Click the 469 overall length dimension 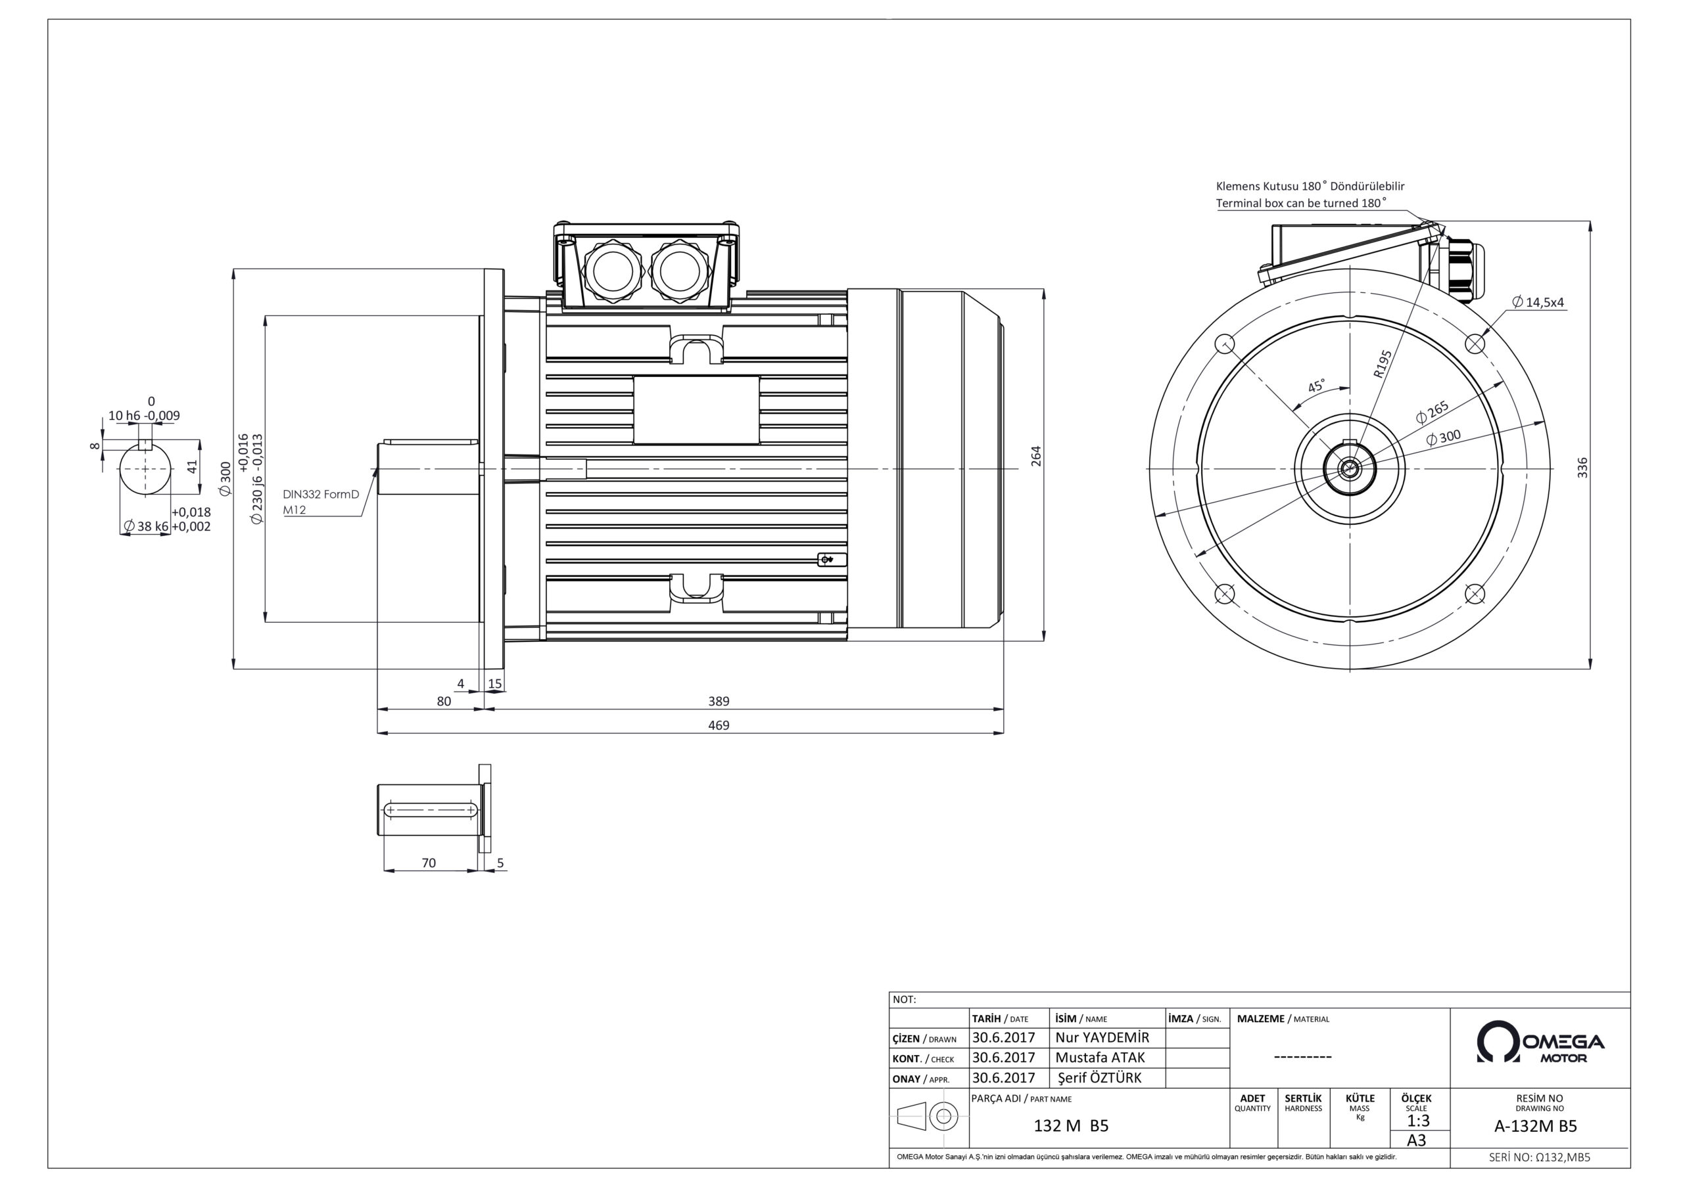coord(719,725)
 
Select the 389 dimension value coord(719,701)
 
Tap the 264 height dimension coord(1035,456)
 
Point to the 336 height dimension coord(1582,468)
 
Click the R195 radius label coord(1383,364)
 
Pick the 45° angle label coord(1317,386)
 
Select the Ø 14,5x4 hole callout coord(1538,302)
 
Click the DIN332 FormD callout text coord(321,495)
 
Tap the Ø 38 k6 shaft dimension coord(146,526)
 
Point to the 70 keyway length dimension coord(429,863)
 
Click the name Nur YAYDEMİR coord(1102,1037)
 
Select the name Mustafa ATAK coord(1099,1058)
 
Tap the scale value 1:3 coord(1418,1121)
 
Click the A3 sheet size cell coord(1417,1140)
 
